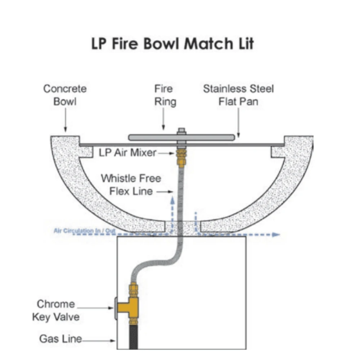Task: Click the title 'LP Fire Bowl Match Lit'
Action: click(x=172, y=44)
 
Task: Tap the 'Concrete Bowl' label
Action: click(x=65, y=95)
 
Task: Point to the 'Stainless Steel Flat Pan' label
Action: click(x=238, y=95)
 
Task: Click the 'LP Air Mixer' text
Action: click(x=127, y=153)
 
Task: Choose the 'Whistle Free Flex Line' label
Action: click(x=131, y=184)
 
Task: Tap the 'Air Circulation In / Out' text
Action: click(x=85, y=230)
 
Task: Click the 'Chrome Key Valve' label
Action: click(x=56, y=310)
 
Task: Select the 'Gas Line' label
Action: click(x=60, y=339)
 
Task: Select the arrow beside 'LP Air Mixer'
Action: click(x=168, y=153)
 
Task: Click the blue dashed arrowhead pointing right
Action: click(x=276, y=234)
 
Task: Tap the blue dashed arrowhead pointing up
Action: click(x=172, y=199)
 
